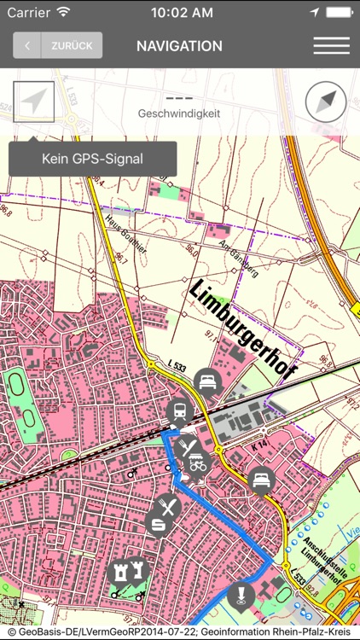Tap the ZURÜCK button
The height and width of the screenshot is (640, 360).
pos(58,46)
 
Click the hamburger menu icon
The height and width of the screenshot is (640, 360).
pos(331,46)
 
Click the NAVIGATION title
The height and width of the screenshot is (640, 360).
pos(179,46)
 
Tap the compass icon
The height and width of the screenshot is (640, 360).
pos(326,102)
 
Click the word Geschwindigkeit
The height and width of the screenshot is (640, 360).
pos(179,113)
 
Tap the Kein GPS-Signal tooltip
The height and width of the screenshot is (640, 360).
pos(92,159)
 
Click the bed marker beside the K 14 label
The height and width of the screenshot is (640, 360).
pos(260,480)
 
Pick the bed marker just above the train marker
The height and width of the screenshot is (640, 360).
pos(206,381)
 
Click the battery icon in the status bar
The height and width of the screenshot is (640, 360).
pos(338,13)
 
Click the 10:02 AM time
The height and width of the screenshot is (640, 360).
pos(181,13)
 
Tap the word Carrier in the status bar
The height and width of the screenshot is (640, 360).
pos(28,13)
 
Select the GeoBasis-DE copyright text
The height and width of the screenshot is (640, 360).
pos(180,632)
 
